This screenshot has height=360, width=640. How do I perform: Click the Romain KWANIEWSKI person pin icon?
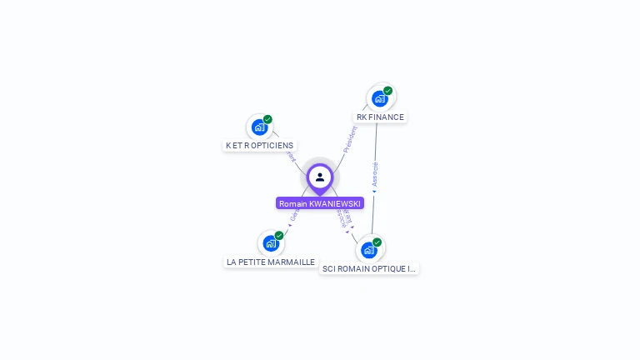point(320,177)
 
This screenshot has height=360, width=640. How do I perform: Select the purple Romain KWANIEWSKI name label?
point(320,203)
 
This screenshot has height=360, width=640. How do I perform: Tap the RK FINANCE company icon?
point(380,98)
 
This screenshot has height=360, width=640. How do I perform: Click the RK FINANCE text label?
point(380,117)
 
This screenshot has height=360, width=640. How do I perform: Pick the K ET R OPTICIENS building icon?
point(259,127)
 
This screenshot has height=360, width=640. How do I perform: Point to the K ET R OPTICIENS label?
point(259,146)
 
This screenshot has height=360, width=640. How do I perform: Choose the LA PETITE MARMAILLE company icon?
point(271,243)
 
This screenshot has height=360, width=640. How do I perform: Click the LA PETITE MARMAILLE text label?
point(271,262)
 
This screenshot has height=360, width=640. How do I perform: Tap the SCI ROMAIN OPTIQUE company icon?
point(369,249)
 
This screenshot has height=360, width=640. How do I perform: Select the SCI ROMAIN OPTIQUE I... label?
point(369,269)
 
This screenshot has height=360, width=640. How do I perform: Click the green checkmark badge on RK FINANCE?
point(388,90)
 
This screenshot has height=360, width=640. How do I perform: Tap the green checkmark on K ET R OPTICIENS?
point(267,119)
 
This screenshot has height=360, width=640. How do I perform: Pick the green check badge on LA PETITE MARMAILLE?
point(279,235)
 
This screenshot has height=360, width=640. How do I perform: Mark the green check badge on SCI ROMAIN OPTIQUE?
point(377,242)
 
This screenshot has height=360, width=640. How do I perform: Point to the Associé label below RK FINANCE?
point(375,173)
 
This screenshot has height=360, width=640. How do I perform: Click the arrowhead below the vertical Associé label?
point(374,192)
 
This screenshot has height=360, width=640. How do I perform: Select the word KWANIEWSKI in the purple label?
point(336,203)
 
